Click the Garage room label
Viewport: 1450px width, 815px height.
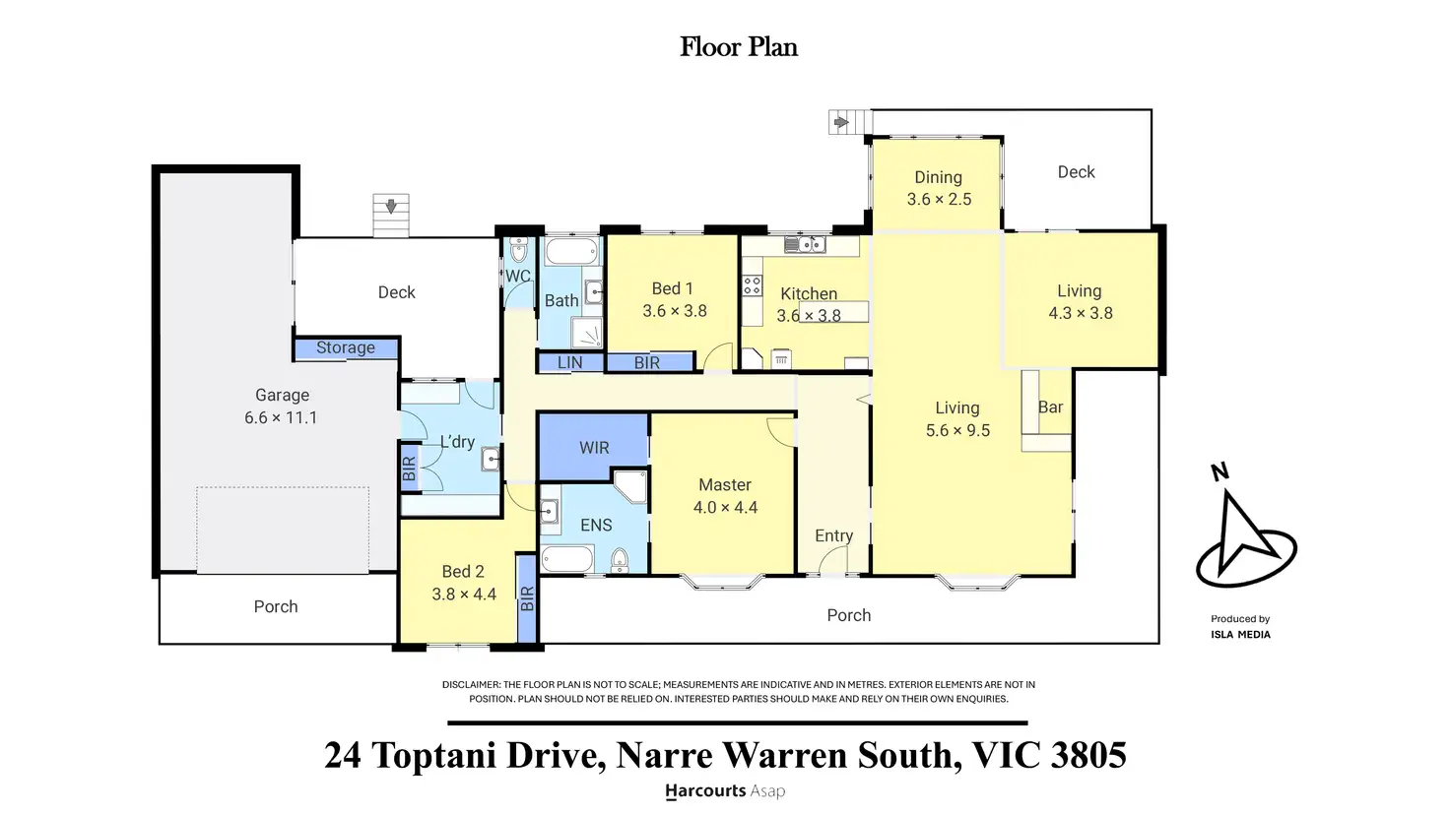point(282,395)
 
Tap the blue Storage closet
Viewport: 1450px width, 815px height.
point(346,348)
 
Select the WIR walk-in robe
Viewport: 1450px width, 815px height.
point(594,446)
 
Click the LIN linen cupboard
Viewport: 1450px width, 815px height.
point(570,362)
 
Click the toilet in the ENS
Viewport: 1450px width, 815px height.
point(620,560)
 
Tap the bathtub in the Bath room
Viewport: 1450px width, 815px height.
point(571,252)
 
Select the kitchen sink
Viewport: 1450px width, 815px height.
point(805,244)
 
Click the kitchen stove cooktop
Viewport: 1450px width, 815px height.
point(753,285)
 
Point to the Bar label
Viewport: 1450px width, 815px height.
point(1050,407)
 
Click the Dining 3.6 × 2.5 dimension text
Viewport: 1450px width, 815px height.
point(939,199)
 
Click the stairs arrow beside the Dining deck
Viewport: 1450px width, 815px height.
point(841,122)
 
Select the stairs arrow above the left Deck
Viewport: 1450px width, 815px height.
point(391,207)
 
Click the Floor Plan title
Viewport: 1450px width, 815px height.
point(739,47)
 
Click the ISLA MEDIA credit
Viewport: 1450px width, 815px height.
point(1240,635)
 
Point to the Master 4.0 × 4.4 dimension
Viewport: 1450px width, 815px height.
point(725,507)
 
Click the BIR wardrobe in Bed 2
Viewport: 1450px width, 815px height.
point(527,598)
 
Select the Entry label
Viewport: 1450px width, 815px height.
point(833,535)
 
